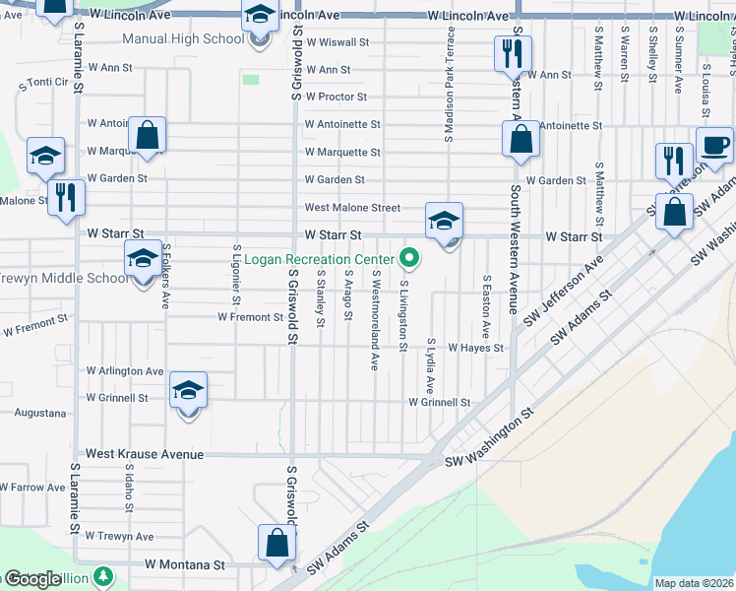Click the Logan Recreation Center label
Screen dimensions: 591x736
tap(319, 259)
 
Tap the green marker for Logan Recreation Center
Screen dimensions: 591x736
tap(410, 259)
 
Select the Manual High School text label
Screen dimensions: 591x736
tap(183, 39)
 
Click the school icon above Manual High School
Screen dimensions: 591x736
tap(260, 17)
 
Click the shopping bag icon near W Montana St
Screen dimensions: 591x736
tap(277, 543)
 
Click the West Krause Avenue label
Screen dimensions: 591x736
tap(145, 455)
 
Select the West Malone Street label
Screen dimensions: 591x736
tap(352, 208)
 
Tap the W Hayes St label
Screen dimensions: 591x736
tap(475, 348)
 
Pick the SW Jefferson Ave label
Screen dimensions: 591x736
tap(564, 292)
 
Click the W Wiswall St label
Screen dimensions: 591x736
tap(337, 43)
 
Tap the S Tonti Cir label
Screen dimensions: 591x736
tap(41, 86)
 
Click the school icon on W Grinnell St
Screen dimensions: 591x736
tap(188, 391)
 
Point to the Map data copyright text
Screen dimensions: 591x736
tap(694, 583)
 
